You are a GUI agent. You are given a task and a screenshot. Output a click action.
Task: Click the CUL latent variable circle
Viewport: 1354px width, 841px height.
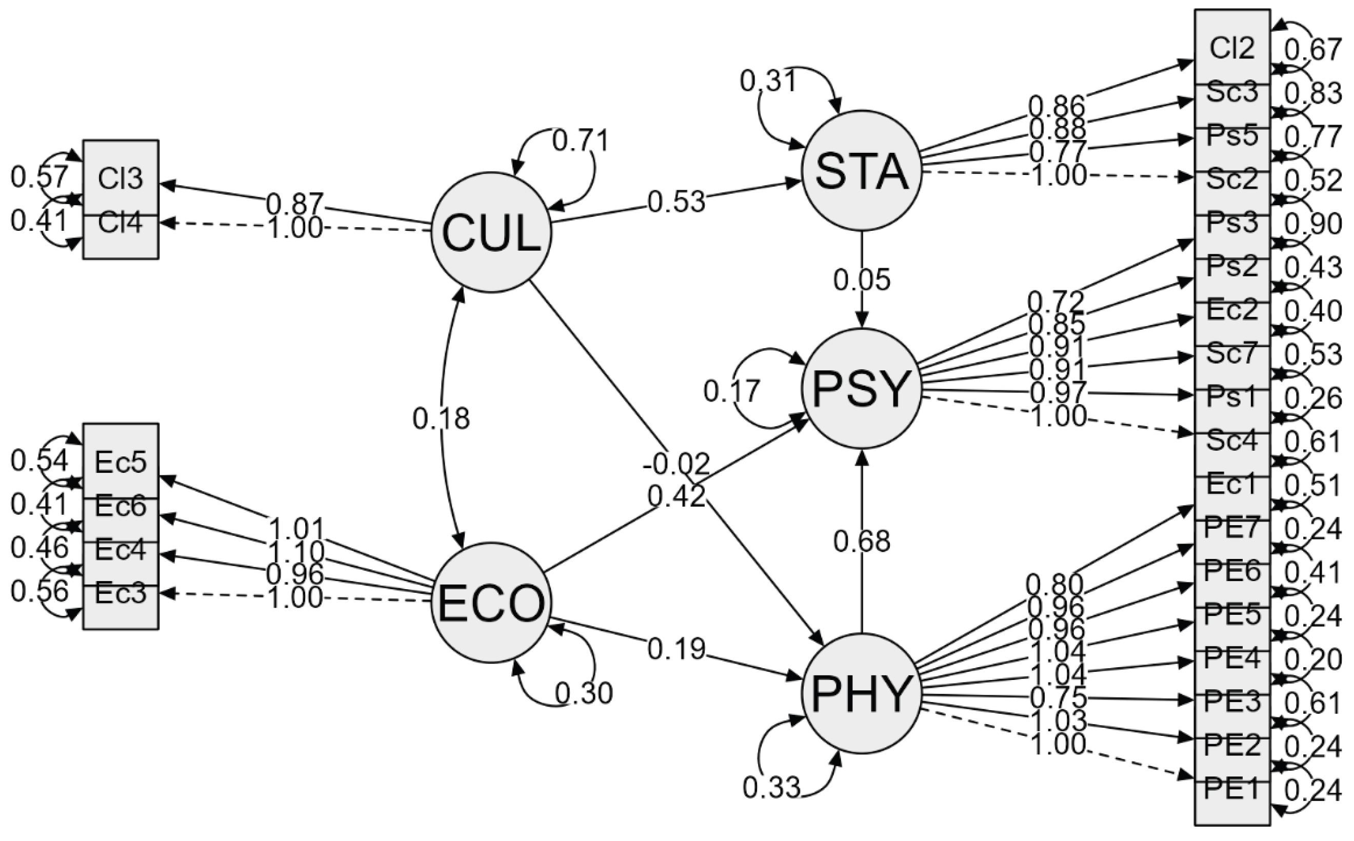tap(491, 232)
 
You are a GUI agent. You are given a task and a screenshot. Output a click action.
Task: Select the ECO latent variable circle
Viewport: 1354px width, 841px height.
tap(491, 603)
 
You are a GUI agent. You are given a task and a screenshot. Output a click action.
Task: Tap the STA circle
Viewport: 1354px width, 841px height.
tap(861, 170)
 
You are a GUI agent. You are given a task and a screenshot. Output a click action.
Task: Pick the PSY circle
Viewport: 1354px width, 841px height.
tap(861, 388)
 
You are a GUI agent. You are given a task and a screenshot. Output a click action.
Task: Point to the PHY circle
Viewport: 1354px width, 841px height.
tap(861, 694)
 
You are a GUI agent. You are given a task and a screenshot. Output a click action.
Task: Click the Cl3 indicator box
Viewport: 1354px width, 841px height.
tap(120, 178)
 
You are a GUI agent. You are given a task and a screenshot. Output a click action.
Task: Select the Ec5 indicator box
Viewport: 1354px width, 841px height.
tap(120, 462)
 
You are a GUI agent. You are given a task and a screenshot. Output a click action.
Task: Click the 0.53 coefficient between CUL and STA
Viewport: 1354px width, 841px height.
tap(676, 202)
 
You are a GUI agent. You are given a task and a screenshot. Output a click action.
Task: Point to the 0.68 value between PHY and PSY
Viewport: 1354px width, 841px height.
tap(861, 540)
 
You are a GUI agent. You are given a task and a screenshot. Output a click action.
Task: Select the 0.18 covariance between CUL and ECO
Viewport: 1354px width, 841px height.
tap(441, 418)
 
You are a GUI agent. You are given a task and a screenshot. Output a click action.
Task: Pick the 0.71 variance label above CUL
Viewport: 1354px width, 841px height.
tap(580, 140)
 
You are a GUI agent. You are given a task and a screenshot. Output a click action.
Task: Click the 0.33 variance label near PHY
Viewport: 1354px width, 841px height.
tap(771, 787)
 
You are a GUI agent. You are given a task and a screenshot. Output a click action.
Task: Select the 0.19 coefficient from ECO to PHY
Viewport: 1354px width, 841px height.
tap(676, 649)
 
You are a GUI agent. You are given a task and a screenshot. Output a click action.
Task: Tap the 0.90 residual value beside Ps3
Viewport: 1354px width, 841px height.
tap(1312, 224)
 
